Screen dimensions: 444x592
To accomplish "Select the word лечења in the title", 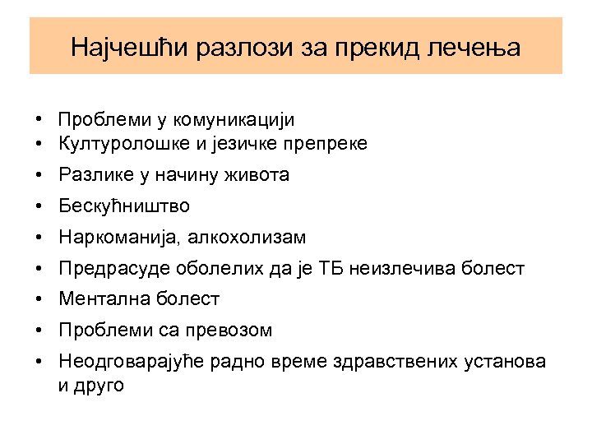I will [x=476, y=46].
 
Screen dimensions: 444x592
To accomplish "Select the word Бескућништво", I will [x=123, y=206].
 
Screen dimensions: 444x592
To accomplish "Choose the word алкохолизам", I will [x=247, y=238].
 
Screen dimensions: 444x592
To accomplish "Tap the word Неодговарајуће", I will [x=136, y=362].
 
